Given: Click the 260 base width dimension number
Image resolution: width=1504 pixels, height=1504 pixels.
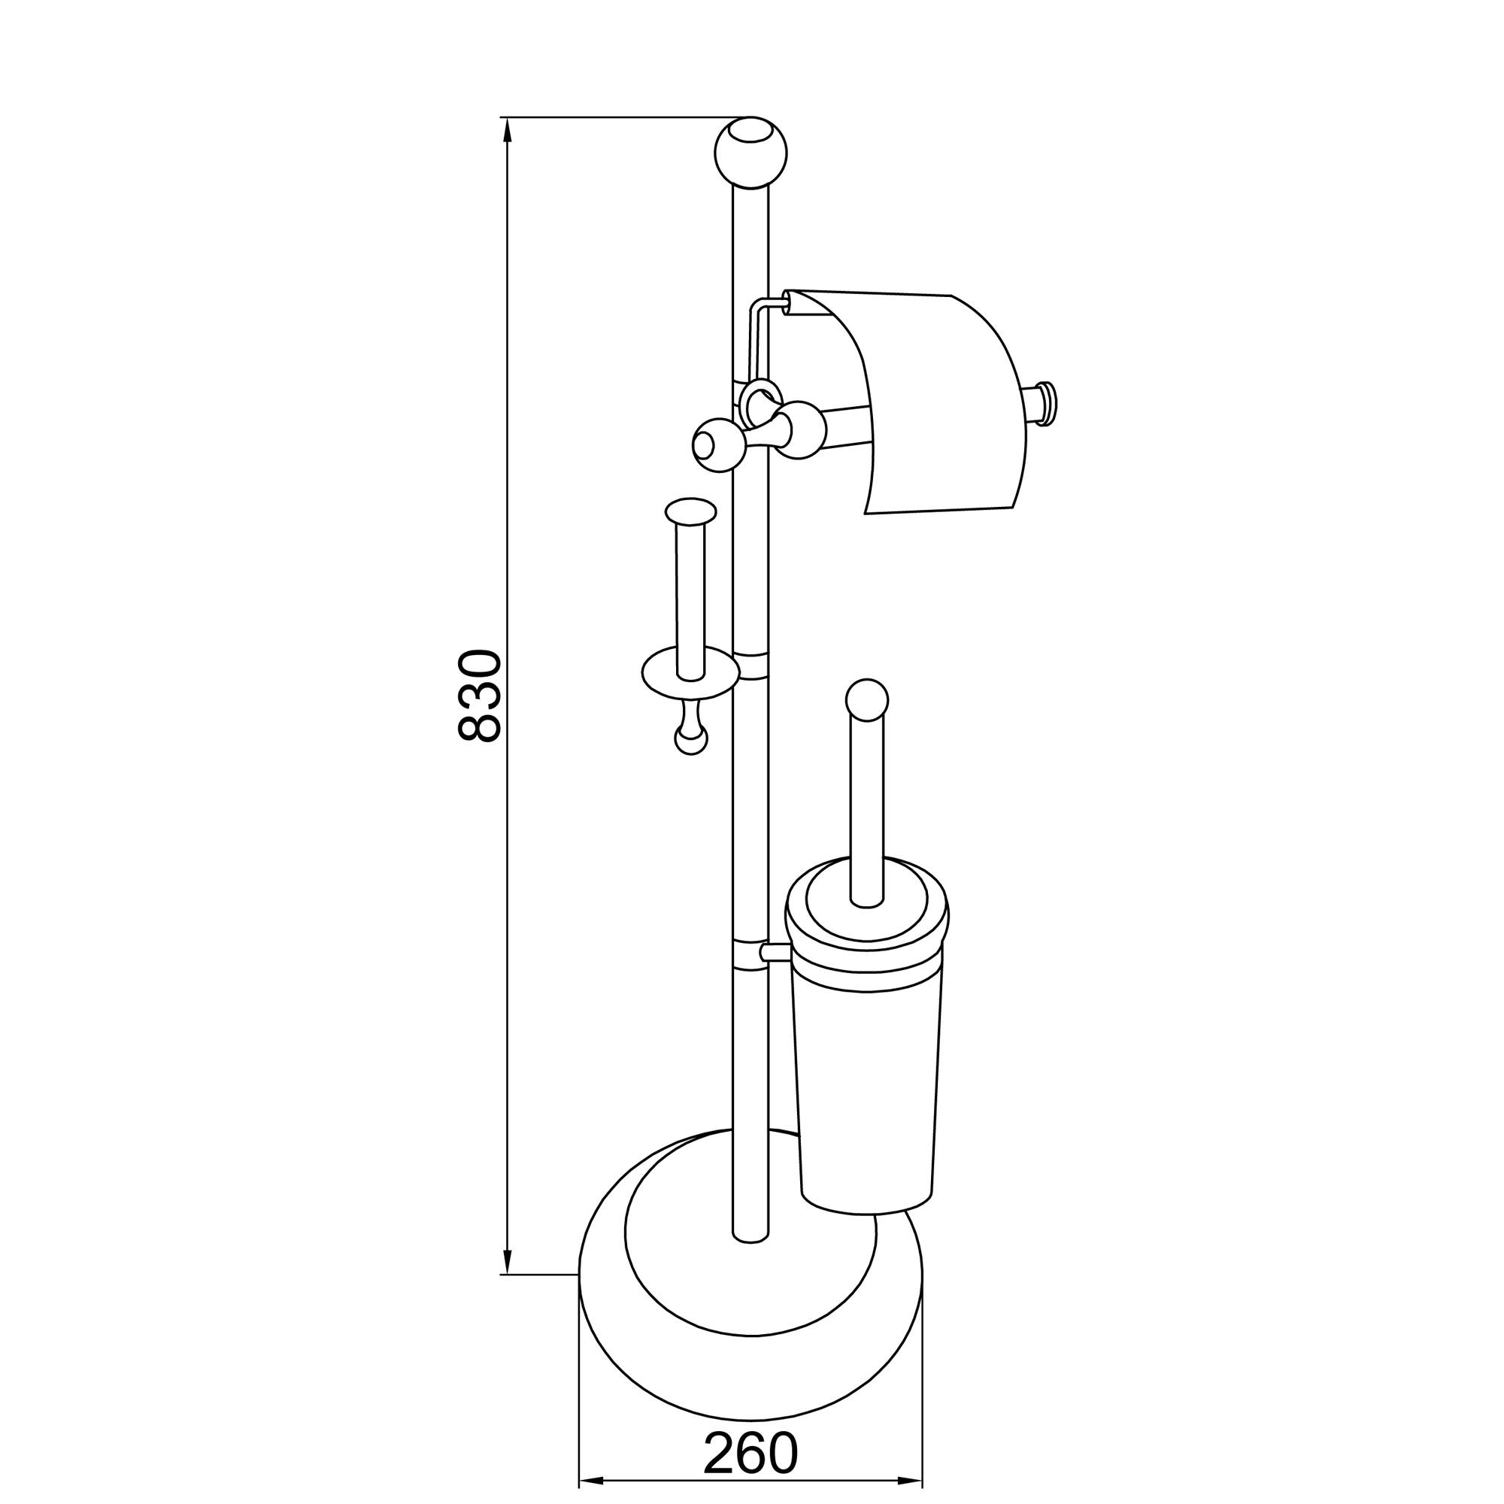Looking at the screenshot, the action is pos(751,1408).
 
